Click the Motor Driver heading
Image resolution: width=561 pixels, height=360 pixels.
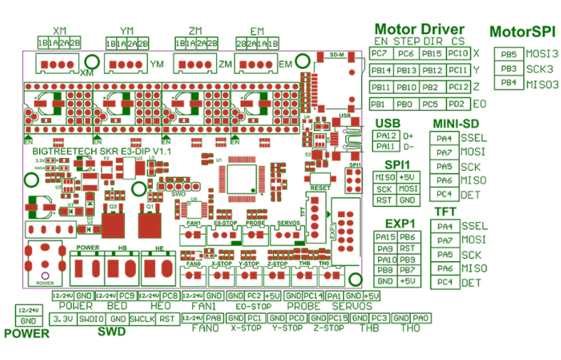click(x=419, y=29)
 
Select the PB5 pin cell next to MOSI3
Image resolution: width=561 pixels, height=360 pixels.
click(x=508, y=54)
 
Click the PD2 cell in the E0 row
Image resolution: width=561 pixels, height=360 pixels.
click(x=457, y=105)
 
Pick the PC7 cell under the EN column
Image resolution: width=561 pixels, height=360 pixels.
click(x=380, y=54)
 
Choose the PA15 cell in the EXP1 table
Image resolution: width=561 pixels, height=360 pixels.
click(x=385, y=237)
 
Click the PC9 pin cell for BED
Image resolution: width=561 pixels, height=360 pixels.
click(x=127, y=295)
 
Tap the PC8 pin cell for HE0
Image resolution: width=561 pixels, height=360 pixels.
click(x=169, y=295)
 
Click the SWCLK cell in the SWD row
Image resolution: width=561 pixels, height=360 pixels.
click(x=142, y=318)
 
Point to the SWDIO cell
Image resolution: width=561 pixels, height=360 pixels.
click(x=92, y=318)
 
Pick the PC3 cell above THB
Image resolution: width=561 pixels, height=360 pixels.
click(x=379, y=318)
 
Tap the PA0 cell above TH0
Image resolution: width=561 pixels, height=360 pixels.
click(x=421, y=318)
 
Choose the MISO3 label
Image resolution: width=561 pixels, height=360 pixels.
click(x=542, y=85)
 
